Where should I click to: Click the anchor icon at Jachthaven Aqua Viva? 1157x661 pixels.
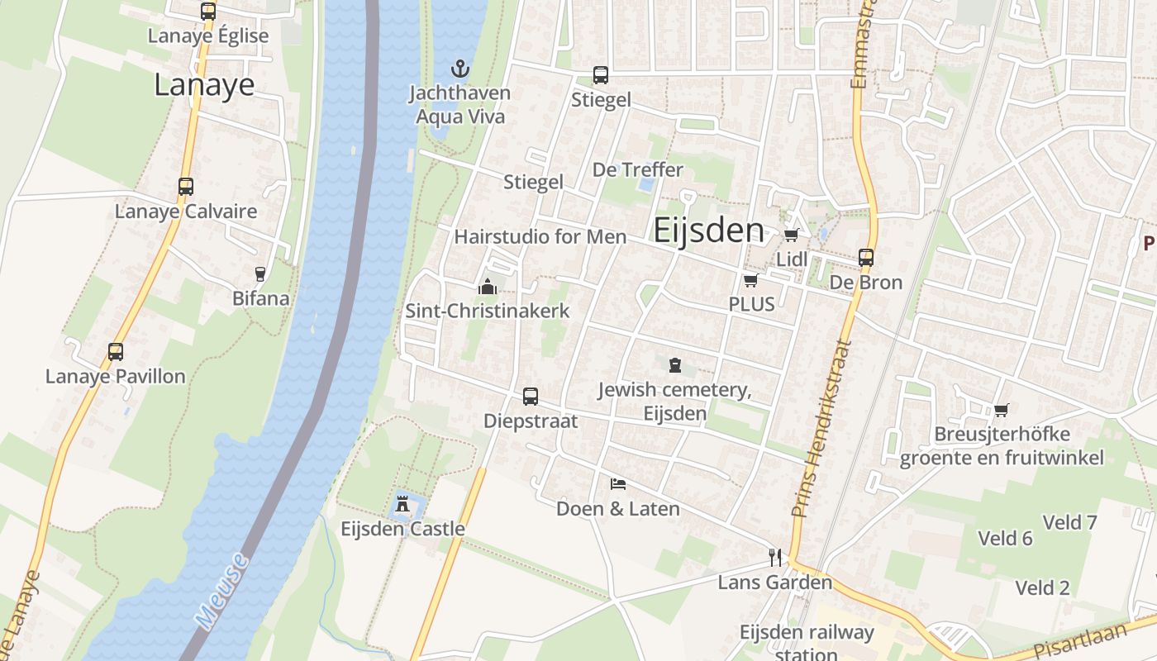459,69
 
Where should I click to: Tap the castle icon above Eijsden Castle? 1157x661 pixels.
402,502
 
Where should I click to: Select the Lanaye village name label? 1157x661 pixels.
204,85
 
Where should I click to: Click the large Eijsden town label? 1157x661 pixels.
709,231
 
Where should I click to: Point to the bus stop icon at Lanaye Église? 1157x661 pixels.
208,12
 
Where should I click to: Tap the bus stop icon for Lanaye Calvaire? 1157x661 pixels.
186,187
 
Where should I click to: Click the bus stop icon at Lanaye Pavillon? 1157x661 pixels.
116,352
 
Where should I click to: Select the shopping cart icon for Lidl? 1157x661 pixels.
791,235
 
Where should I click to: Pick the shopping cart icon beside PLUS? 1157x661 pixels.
750,280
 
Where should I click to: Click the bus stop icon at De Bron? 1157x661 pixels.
865,258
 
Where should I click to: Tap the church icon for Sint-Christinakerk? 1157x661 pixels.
487,287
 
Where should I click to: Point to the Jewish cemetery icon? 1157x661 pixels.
674,364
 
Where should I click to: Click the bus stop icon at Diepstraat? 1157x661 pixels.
531,397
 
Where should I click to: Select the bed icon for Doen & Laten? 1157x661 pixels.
617,483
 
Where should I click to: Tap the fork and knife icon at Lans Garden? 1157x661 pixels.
774,558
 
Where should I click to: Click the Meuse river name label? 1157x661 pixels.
222,590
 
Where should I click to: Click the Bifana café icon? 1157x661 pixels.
260,273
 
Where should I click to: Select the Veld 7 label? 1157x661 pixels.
1069,522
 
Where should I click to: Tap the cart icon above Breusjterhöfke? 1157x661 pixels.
1001,410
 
